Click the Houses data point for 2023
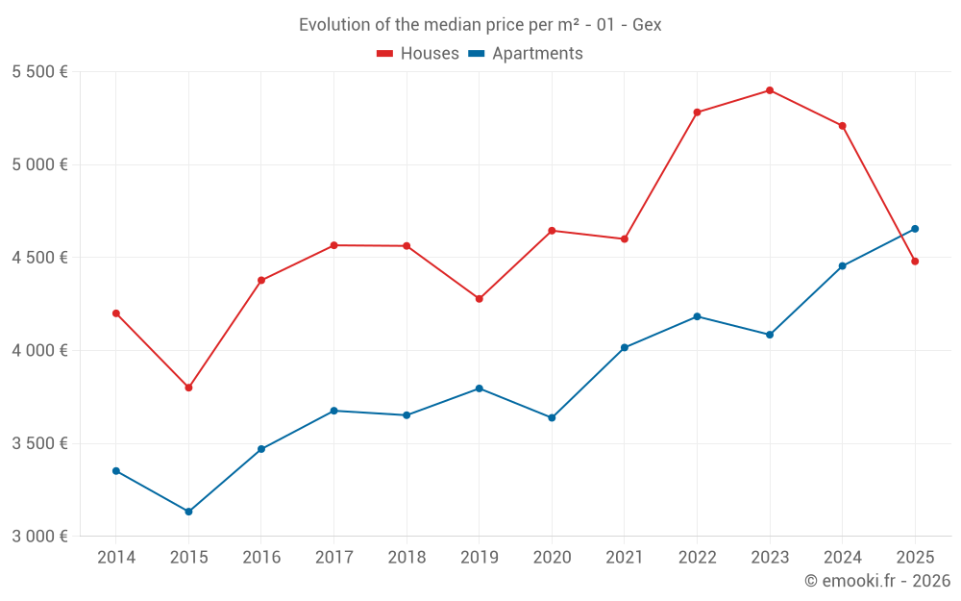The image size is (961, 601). [x=770, y=90]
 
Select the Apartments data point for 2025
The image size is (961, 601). [x=915, y=229]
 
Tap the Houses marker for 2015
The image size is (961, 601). [x=188, y=388]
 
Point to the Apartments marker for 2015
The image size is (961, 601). [x=188, y=512]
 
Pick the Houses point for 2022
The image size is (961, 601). [x=697, y=113]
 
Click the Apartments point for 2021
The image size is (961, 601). [x=625, y=347]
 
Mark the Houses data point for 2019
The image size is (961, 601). [x=480, y=299]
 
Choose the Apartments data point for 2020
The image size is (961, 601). [x=552, y=417]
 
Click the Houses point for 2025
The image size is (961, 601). [x=915, y=262]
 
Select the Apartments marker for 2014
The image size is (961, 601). [x=116, y=471]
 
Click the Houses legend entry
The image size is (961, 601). [x=418, y=54]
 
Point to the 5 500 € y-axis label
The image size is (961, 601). [x=39, y=72]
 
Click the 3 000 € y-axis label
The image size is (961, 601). [x=39, y=537]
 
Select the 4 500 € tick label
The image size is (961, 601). [x=39, y=258]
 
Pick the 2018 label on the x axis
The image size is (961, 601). [x=407, y=558]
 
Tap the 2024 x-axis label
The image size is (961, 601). [x=843, y=558]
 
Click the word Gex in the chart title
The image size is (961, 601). [x=647, y=25]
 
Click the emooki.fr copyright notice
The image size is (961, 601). [x=876, y=581]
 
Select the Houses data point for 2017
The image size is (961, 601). [x=334, y=245]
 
